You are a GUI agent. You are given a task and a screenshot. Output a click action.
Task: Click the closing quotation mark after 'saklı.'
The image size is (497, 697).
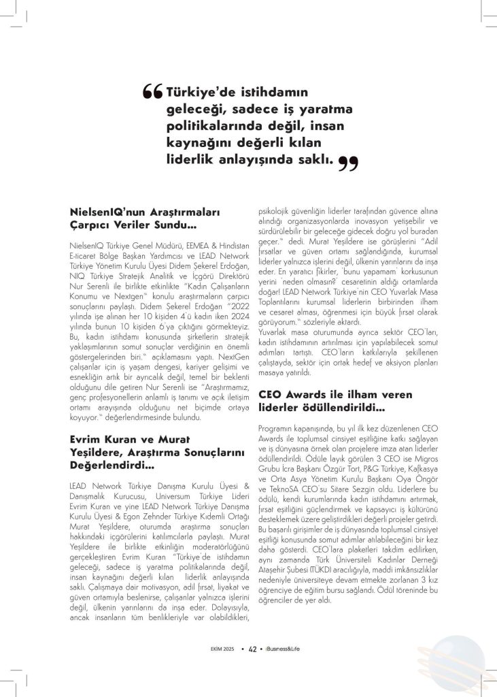(x=347, y=163)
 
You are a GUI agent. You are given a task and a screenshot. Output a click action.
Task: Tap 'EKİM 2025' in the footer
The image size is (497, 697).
(x=222, y=648)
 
